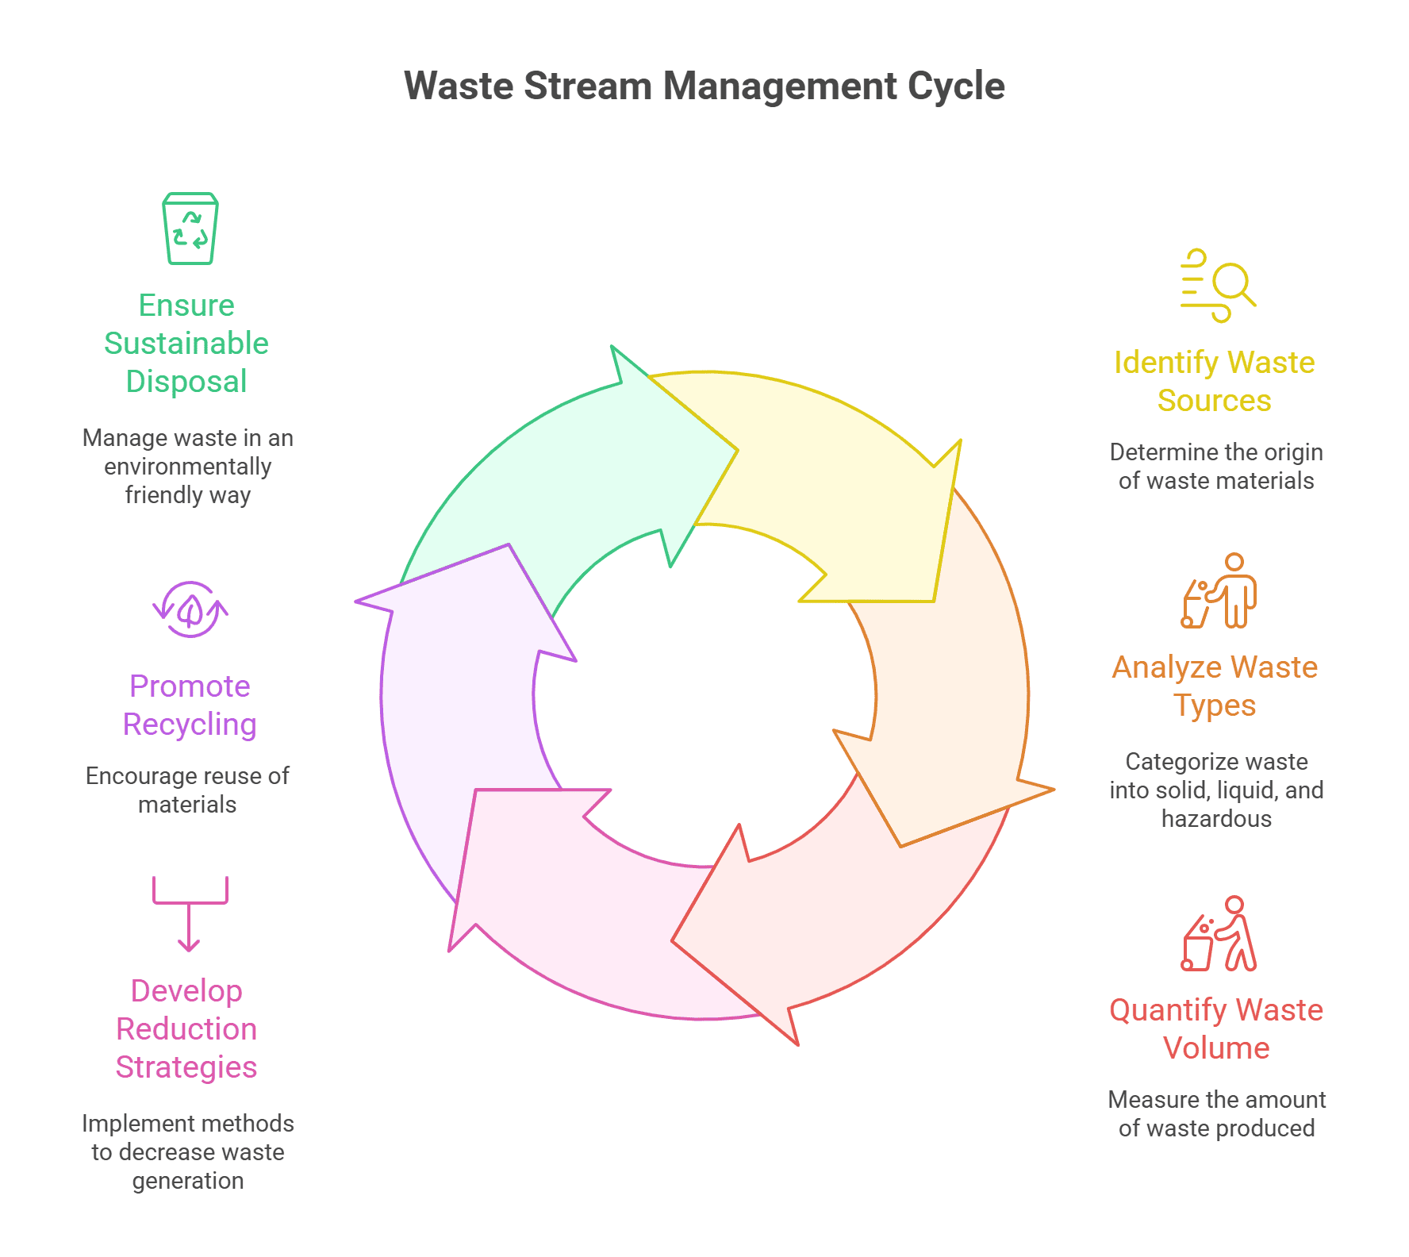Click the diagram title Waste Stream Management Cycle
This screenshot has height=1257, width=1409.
point(704,86)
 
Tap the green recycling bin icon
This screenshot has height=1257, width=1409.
point(190,229)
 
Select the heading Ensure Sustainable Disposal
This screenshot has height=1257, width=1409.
point(186,344)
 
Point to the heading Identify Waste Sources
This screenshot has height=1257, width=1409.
point(1214,382)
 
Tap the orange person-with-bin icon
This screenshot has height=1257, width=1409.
point(1219,592)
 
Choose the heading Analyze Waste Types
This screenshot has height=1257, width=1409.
point(1215,686)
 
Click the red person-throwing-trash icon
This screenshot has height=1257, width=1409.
point(1219,935)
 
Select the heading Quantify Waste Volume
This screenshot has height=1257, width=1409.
point(1215,1029)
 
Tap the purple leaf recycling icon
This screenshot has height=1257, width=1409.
point(190,609)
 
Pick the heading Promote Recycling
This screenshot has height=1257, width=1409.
point(190,705)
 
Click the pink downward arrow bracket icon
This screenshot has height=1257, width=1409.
point(190,913)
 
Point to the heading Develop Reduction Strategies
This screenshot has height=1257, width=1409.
point(186,1029)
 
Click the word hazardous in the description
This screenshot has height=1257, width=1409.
point(1216,819)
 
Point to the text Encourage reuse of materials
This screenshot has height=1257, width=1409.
point(187,790)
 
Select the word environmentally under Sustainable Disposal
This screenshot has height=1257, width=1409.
point(188,467)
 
